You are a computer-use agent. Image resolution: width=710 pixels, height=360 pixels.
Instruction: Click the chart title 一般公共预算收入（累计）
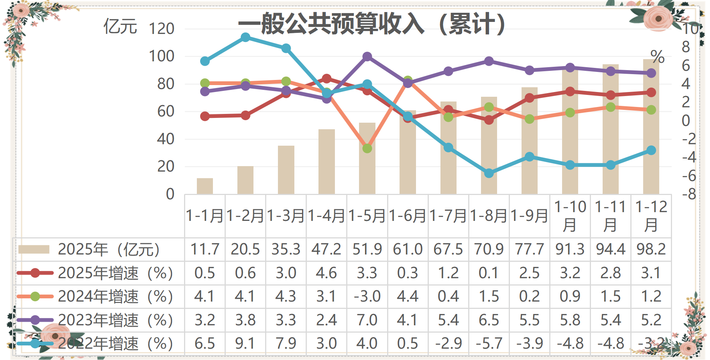(372, 24)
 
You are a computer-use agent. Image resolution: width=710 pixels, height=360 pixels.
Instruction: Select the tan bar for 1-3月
(286, 170)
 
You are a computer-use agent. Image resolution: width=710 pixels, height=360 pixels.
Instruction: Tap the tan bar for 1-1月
(205, 186)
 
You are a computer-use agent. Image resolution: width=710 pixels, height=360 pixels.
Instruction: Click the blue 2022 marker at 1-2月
(245, 37)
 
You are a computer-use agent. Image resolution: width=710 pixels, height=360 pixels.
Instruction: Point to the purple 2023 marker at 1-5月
(367, 57)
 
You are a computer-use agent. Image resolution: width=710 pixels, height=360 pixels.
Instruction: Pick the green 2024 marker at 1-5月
(367, 148)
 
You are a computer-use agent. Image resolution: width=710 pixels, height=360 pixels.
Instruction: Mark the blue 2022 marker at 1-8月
(489, 173)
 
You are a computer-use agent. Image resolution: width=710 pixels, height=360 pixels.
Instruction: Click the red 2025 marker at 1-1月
(205, 116)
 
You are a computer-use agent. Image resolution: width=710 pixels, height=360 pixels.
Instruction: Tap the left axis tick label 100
(161, 56)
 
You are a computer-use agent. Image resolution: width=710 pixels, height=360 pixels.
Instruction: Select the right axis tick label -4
(689, 157)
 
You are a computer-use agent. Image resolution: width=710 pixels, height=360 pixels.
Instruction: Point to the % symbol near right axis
(657, 57)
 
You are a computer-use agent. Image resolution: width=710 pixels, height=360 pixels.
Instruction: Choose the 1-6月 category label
(408, 216)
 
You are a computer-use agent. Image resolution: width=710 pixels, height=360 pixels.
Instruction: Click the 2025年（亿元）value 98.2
(651, 249)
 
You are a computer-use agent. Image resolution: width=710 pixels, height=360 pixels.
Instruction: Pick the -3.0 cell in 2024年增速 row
(367, 296)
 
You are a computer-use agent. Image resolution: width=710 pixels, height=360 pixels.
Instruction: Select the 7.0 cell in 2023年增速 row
(367, 320)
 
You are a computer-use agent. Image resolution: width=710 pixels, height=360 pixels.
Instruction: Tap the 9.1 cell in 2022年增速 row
(245, 344)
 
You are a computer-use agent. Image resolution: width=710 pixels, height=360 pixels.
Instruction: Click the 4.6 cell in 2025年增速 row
(327, 273)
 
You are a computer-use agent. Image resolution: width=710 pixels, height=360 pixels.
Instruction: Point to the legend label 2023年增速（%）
(115, 320)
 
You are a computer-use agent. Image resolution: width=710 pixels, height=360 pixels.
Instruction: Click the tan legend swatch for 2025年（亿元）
(34, 249)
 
